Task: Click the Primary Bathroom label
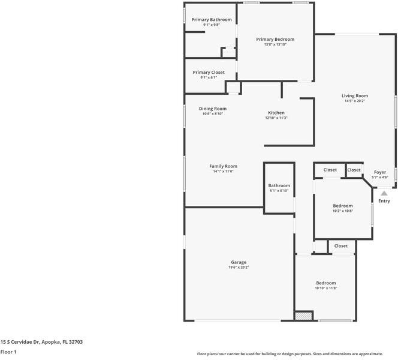coord(212,20)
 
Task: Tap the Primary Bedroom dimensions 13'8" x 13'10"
coord(275,44)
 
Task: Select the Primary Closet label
coord(209,73)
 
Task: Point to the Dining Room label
coord(213,109)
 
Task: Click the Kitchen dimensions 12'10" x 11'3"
coord(276,118)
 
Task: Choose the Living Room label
coord(355,96)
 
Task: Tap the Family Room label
coord(223,166)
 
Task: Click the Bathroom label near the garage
coord(279,186)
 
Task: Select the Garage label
coord(239,262)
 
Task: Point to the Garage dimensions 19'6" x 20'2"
coord(239,268)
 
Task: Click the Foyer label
coord(380,172)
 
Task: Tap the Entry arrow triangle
coord(384,193)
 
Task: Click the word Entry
coord(384,201)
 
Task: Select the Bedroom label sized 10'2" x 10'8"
coord(343,206)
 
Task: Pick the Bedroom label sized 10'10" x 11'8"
coord(326,283)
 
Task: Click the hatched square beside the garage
coord(304,316)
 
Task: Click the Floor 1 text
coord(8,352)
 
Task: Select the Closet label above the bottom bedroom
coord(341,246)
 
